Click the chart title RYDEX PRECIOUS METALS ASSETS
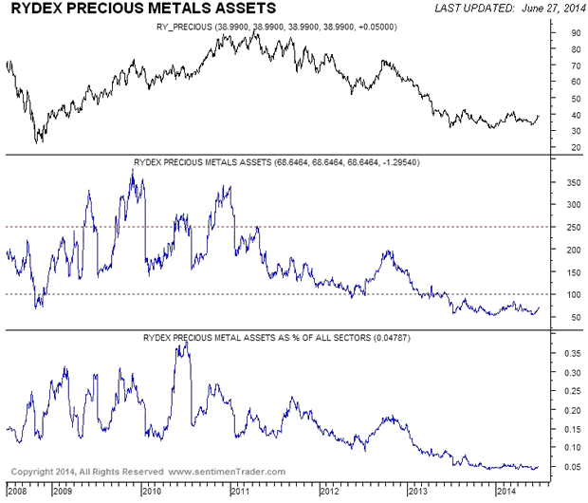[142, 9]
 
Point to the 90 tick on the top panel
[562, 32]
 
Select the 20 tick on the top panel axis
[562, 148]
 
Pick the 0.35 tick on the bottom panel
[568, 352]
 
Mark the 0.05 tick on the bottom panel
[568, 466]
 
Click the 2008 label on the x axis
[18, 493]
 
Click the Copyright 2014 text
[46, 471]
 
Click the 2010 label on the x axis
[150, 493]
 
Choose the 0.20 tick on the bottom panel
[568, 409]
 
